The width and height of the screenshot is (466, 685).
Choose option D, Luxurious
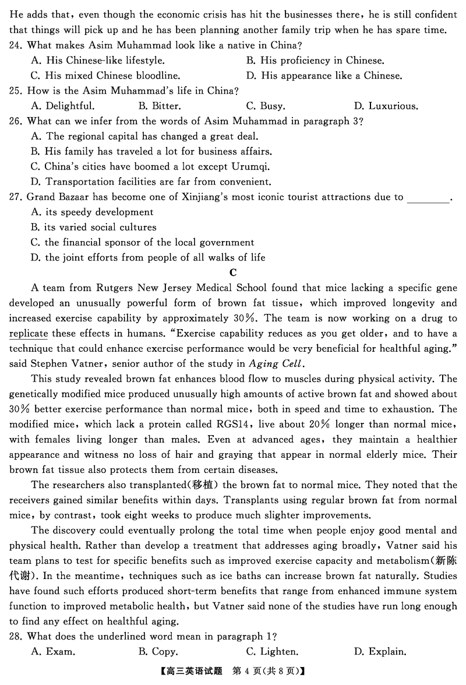tap(385, 106)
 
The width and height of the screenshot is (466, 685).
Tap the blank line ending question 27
tap(428, 197)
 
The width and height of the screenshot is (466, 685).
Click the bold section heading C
tap(233, 273)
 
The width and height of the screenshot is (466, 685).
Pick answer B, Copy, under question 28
tap(158, 652)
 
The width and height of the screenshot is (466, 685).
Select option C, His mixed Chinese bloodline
tap(105, 76)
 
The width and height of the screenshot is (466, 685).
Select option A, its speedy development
tap(92, 212)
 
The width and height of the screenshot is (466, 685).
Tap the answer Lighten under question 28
tap(272, 652)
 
